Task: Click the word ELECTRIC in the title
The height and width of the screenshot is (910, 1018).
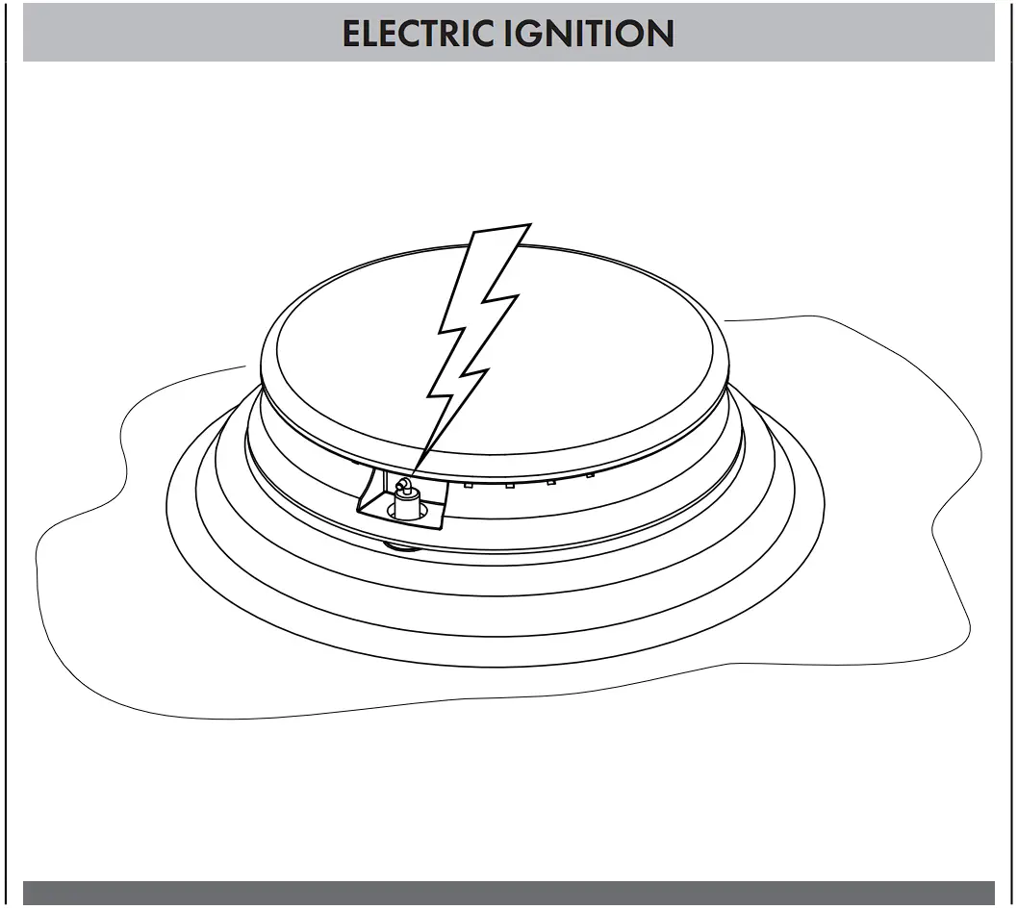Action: (x=420, y=34)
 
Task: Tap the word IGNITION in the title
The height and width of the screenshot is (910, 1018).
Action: (x=590, y=34)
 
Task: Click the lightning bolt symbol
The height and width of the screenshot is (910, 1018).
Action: (x=476, y=327)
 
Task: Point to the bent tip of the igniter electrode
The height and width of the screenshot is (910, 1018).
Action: (x=403, y=483)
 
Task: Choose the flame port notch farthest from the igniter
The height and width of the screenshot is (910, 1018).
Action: (x=590, y=474)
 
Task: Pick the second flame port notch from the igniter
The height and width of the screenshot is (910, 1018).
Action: (x=509, y=483)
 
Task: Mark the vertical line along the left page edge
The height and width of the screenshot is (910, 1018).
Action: (x=8, y=481)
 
